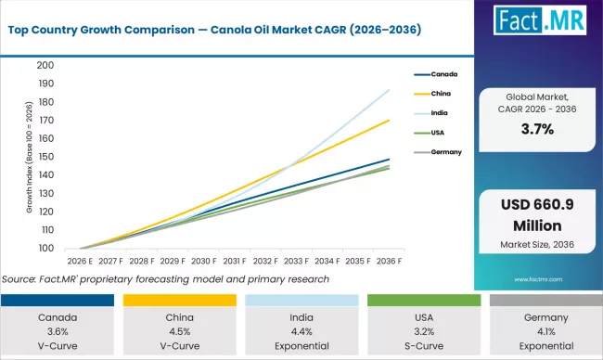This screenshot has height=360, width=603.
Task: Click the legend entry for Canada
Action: [x=443, y=73]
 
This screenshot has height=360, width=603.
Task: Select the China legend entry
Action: [x=440, y=93]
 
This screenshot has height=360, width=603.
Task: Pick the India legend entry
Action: [x=439, y=112]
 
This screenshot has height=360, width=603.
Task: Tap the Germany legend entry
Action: [x=444, y=150]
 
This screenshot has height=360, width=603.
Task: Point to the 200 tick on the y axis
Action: [x=46, y=66]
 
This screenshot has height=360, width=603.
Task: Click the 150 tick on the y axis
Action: [x=46, y=157]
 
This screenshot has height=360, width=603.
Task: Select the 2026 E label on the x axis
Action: [x=81, y=262]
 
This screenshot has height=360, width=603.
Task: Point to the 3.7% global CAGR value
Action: [x=537, y=129]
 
